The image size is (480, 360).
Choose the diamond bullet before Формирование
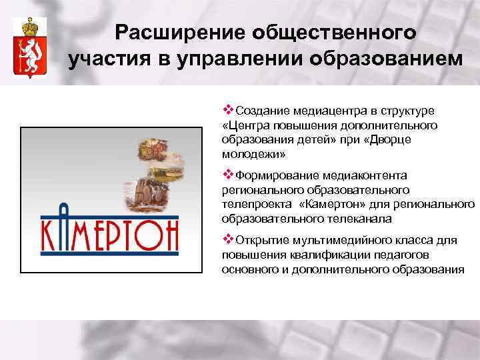(x=227, y=175)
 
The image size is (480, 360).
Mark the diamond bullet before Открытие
(x=227, y=239)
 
